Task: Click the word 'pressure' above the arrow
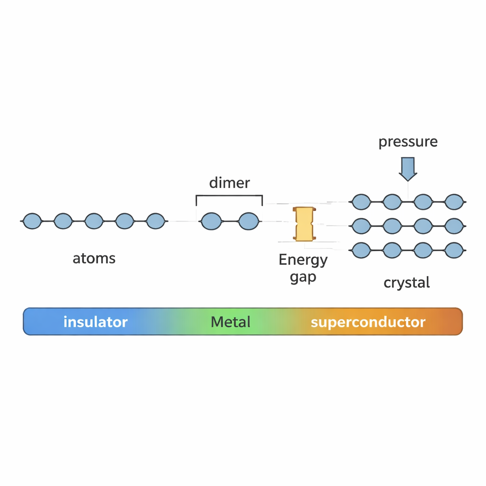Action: pos(408,142)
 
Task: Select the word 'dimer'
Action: pos(229,183)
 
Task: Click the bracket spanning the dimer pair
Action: pos(229,196)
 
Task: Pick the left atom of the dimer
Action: pos(211,221)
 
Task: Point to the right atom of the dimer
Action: pos(248,221)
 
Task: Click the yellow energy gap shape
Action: pos(304,224)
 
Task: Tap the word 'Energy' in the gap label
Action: pos(303,260)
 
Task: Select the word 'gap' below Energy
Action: pos(303,276)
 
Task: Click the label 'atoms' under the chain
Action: pos(94,259)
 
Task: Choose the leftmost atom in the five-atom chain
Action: pos(32,221)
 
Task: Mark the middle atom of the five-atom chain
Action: pos(94,221)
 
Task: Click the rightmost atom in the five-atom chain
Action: pos(155,221)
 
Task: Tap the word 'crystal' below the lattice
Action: pos(407,283)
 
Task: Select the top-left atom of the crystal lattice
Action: pos(361,202)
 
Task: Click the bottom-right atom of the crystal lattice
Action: pos(454,250)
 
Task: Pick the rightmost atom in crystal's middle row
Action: pos(454,226)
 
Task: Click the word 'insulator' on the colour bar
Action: pos(95,322)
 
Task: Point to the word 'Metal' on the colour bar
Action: pos(230,322)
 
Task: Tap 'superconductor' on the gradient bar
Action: pos(368,322)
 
